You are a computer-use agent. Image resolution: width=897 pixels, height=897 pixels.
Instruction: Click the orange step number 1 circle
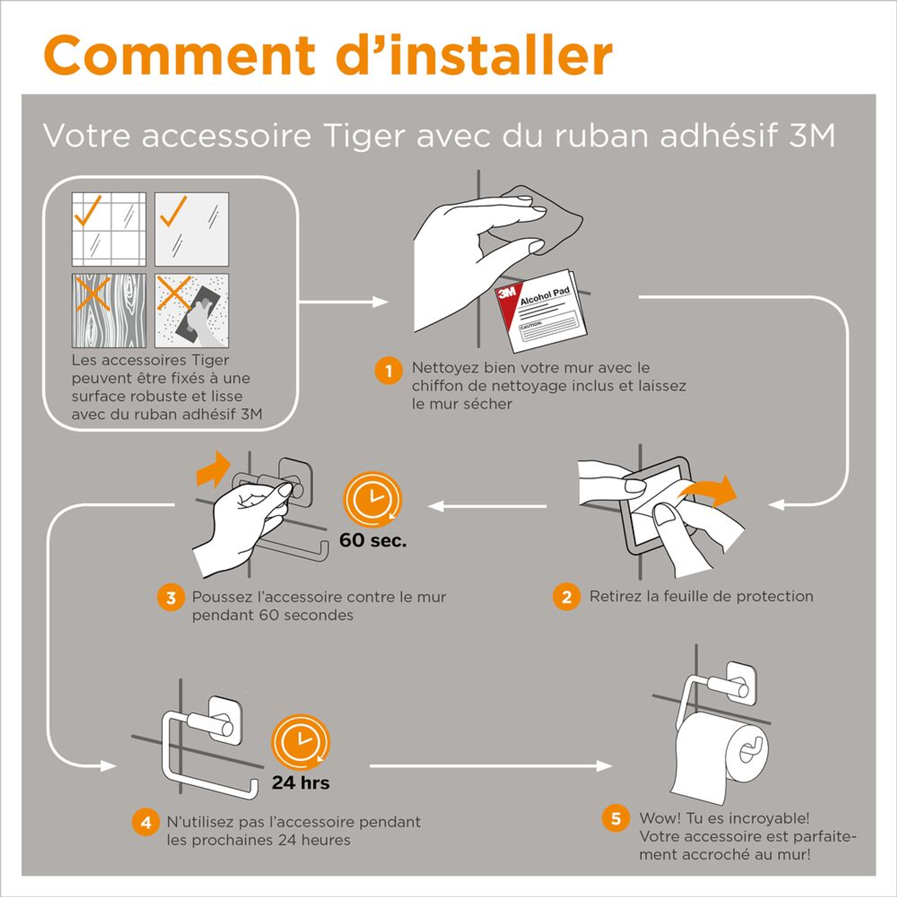click(x=388, y=370)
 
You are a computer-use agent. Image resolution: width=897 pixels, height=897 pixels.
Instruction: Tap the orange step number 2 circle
click(x=566, y=597)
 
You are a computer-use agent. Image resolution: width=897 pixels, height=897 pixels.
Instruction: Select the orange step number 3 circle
click(x=171, y=597)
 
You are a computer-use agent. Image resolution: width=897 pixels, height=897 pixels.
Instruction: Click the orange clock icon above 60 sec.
click(x=372, y=500)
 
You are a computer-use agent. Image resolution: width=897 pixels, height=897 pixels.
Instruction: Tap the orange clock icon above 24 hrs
click(x=300, y=743)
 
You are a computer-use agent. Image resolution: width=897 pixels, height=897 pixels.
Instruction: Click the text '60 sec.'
click(x=373, y=540)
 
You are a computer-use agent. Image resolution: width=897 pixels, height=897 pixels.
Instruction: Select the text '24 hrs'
click(x=301, y=783)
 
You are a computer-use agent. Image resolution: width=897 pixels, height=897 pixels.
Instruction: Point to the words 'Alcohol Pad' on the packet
click(x=544, y=296)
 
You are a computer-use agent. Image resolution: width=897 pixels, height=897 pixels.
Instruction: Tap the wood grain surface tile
click(x=109, y=311)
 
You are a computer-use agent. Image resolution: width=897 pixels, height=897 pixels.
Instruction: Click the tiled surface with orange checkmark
click(x=109, y=229)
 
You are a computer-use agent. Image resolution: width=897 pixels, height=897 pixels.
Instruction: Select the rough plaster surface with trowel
click(x=192, y=311)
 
